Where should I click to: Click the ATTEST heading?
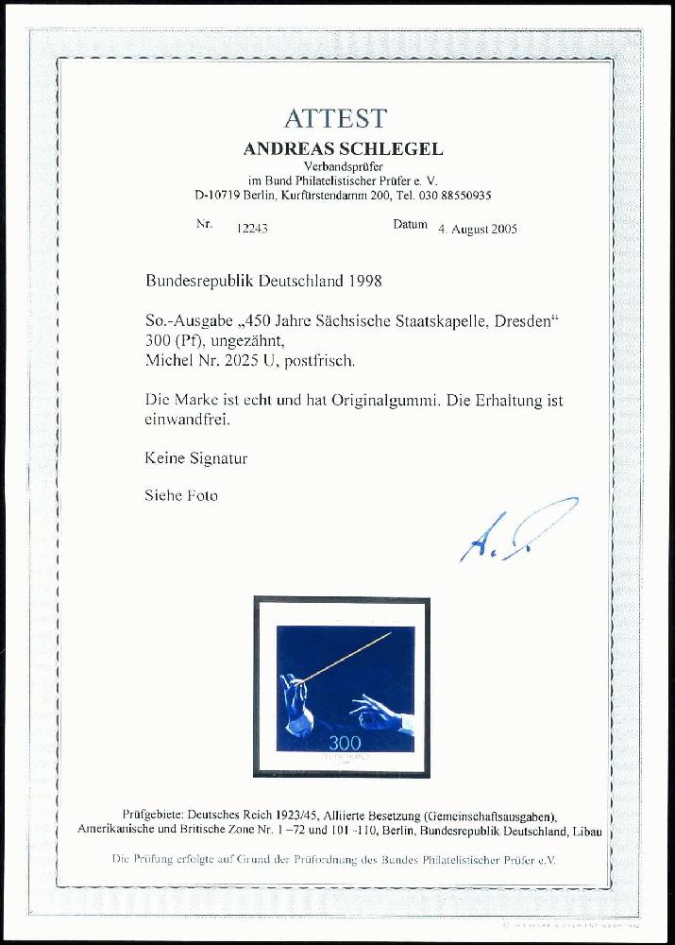pyautogui.click(x=335, y=118)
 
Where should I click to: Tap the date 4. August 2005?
pyautogui.click(x=477, y=229)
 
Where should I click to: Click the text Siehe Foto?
pyautogui.click(x=180, y=495)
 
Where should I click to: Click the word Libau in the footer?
pyautogui.click(x=585, y=832)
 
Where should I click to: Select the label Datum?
pyautogui.click(x=410, y=226)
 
